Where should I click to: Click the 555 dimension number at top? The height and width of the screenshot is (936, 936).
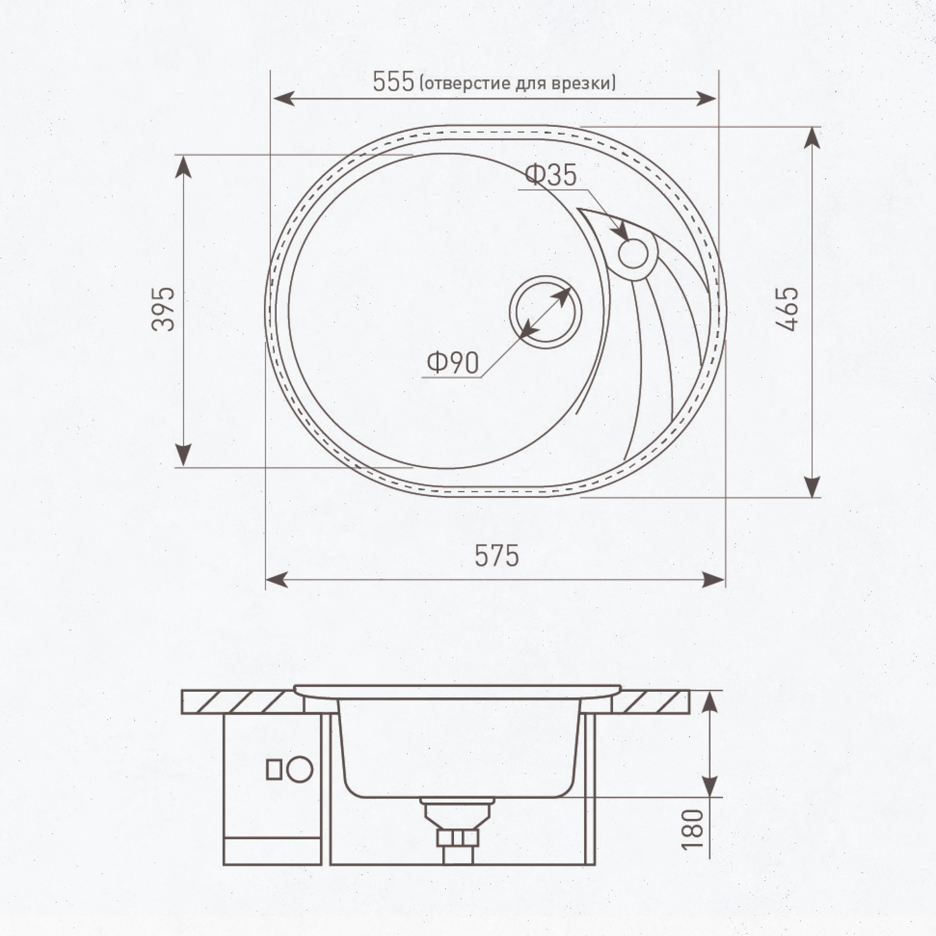pyautogui.click(x=394, y=81)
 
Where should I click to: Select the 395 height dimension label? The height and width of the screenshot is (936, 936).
pyautogui.click(x=163, y=309)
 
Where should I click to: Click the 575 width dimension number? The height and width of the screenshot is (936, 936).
pyautogui.click(x=497, y=556)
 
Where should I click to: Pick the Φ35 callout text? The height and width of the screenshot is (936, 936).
pyautogui.click(x=551, y=175)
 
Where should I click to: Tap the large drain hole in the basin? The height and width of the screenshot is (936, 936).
pyautogui.click(x=545, y=312)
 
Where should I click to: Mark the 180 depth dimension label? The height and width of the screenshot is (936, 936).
pyautogui.click(x=692, y=829)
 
